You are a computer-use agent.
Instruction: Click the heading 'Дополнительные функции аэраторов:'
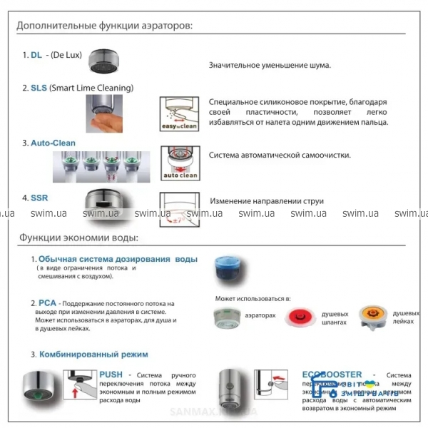pyautogui.click(x=105, y=26)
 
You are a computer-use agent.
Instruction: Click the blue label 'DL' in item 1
pyautogui.click(x=36, y=55)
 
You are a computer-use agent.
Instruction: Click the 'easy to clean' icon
pyautogui.click(x=178, y=113)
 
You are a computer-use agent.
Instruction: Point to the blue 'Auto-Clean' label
pyautogui.click(x=53, y=143)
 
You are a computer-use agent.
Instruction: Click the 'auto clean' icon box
pyautogui.click(x=178, y=163)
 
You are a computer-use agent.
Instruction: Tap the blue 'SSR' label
pyautogui.click(x=39, y=198)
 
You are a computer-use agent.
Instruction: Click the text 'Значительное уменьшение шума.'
pyautogui.click(x=270, y=66)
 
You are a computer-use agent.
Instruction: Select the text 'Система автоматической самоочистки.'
pyautogui.click(x=280, y=155)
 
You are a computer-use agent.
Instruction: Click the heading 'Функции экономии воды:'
pyautogui.click(x=78, y=238)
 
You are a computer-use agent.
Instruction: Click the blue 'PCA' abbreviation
pyautogui.click(x=49, y=303)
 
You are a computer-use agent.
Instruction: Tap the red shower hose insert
pyautogui.click(x=302, y=317)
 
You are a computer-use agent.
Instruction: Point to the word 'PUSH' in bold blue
pyautogui.click(x=111, y=374)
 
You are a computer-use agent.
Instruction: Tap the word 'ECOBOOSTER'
pyautogui.click(x=332, y=374)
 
